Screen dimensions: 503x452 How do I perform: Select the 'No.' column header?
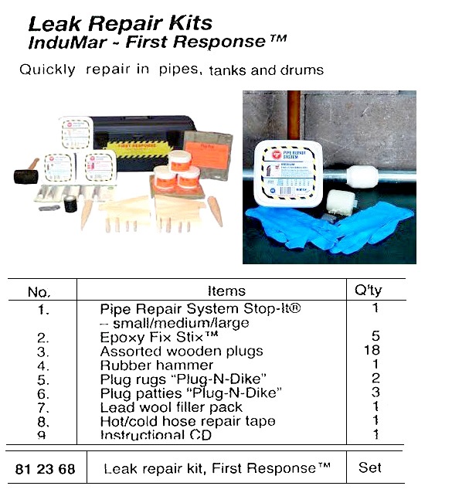pos(39,292)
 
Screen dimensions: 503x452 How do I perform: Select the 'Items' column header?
pos(226,291)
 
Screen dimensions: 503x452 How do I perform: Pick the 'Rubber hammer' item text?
pos(157,365)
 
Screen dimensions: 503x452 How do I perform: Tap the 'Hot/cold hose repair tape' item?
pos(188,422)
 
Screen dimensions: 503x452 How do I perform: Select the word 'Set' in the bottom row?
pos(370,467)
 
